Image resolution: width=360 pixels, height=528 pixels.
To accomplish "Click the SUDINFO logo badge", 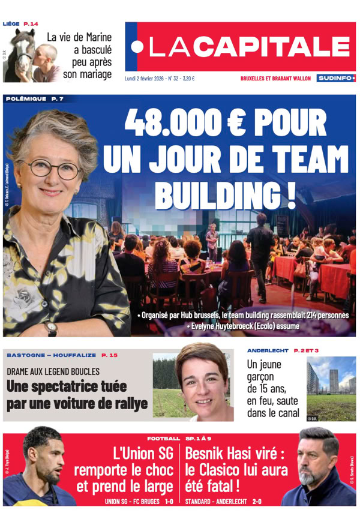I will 336,78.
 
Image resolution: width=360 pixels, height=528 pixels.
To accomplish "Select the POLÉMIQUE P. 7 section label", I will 34,98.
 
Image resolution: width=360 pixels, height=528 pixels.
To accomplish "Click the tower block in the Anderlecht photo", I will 332,378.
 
